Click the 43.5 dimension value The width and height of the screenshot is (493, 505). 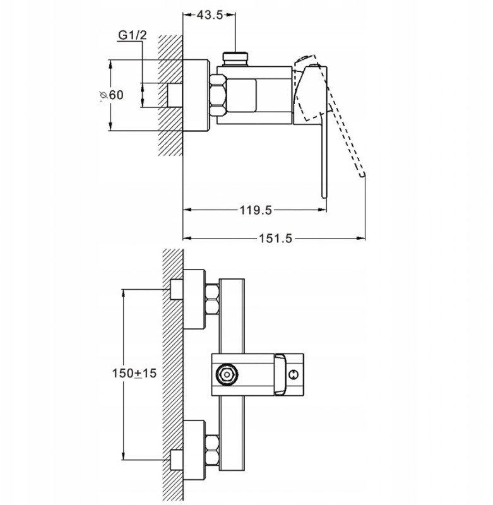pos(210,15)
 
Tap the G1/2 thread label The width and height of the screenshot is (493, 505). pos(133,35)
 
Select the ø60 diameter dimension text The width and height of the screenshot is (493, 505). pos(112,95)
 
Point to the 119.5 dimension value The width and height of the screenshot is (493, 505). pos(256,210)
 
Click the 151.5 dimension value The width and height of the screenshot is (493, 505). pos(276,239)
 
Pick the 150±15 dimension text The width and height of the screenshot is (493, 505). pos(134,373)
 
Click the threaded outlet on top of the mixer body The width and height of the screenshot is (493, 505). pos(235,59)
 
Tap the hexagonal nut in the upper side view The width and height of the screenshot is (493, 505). pos(218,95)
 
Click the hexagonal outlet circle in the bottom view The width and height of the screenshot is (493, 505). pos(227,374)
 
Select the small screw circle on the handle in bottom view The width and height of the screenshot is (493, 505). pos(293,374)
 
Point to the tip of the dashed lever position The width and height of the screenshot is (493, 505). pos(363,175)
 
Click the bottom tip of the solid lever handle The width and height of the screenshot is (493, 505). pos(324,196)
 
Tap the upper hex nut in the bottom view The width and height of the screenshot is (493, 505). pos(212,299)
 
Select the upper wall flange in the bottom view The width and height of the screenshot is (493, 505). pos(194,299)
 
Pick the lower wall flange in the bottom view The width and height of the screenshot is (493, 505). pos(194,450)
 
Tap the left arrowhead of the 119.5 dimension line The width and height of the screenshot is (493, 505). pos(187,210)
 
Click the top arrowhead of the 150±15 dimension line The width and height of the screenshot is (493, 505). pos(123,294)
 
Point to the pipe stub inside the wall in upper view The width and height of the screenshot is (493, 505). pos(175,95)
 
